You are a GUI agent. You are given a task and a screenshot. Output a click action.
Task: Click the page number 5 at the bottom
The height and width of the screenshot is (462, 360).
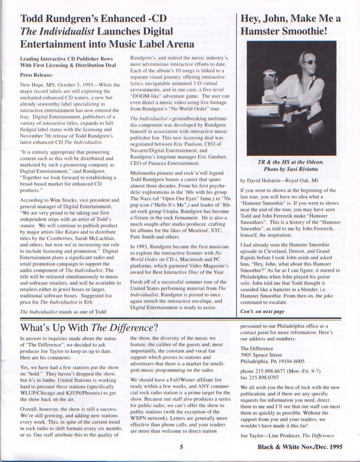(182, 448)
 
